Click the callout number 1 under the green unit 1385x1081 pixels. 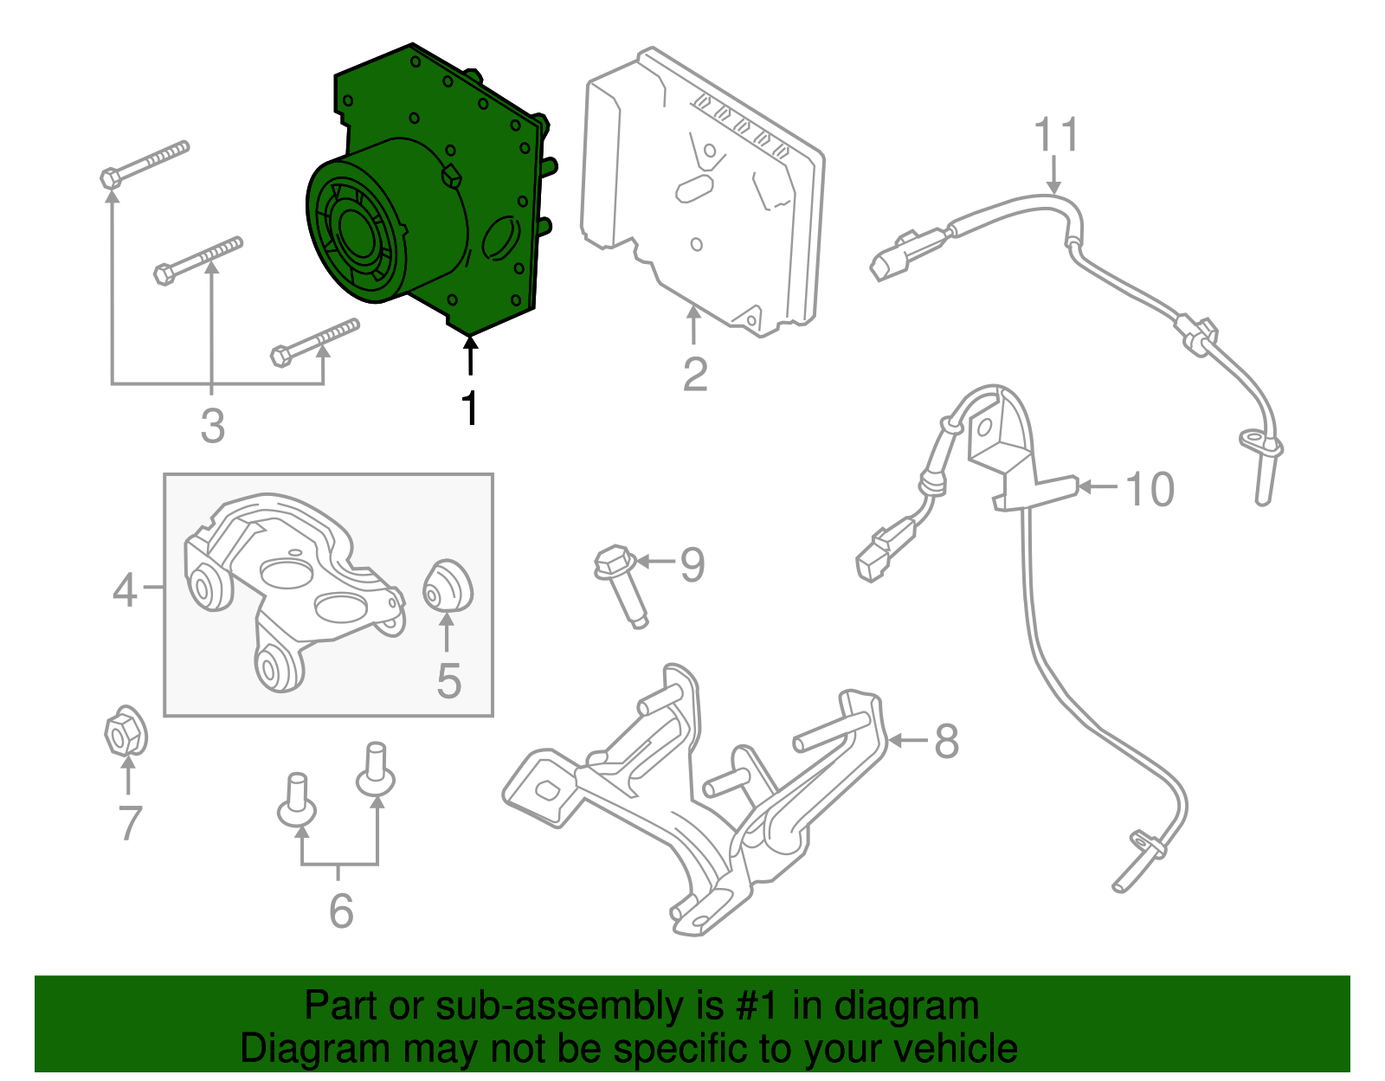[469, 409]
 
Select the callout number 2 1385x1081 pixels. [694, 375]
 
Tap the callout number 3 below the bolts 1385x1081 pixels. [212, 426]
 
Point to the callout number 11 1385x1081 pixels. [1056, 136]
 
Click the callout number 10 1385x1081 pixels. [1150, 489]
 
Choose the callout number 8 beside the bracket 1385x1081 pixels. [946, 742]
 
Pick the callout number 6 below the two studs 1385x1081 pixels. [341, 910]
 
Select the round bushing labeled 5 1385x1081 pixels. [447, 586]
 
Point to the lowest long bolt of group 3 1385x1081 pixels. [315, 341]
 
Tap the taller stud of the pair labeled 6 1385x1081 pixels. [376, 769]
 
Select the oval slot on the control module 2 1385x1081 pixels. [693, 188]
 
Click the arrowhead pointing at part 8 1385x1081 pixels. [895, 741]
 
